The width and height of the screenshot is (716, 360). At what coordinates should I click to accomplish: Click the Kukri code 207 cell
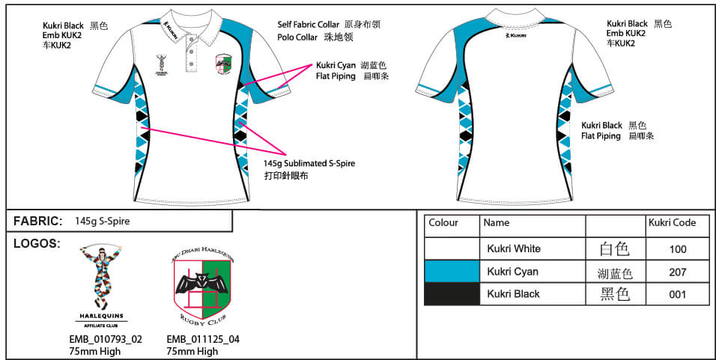677,272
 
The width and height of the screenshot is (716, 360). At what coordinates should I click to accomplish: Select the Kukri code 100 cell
677,249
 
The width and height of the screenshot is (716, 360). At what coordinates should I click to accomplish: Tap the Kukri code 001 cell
677,295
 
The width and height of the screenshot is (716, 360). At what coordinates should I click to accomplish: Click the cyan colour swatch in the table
452,272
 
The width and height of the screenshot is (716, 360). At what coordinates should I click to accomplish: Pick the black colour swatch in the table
452,294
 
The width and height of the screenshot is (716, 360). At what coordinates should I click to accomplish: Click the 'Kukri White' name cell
514,249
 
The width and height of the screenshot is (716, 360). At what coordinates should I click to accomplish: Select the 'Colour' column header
443,223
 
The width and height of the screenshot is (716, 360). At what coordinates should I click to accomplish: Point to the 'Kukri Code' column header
672,223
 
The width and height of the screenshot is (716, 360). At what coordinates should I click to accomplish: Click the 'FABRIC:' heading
38,221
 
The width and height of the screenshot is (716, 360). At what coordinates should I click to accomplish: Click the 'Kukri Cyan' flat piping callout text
336,65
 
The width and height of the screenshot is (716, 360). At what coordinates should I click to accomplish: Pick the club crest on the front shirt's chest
222,65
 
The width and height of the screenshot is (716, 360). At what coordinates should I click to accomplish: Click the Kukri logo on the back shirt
515,34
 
